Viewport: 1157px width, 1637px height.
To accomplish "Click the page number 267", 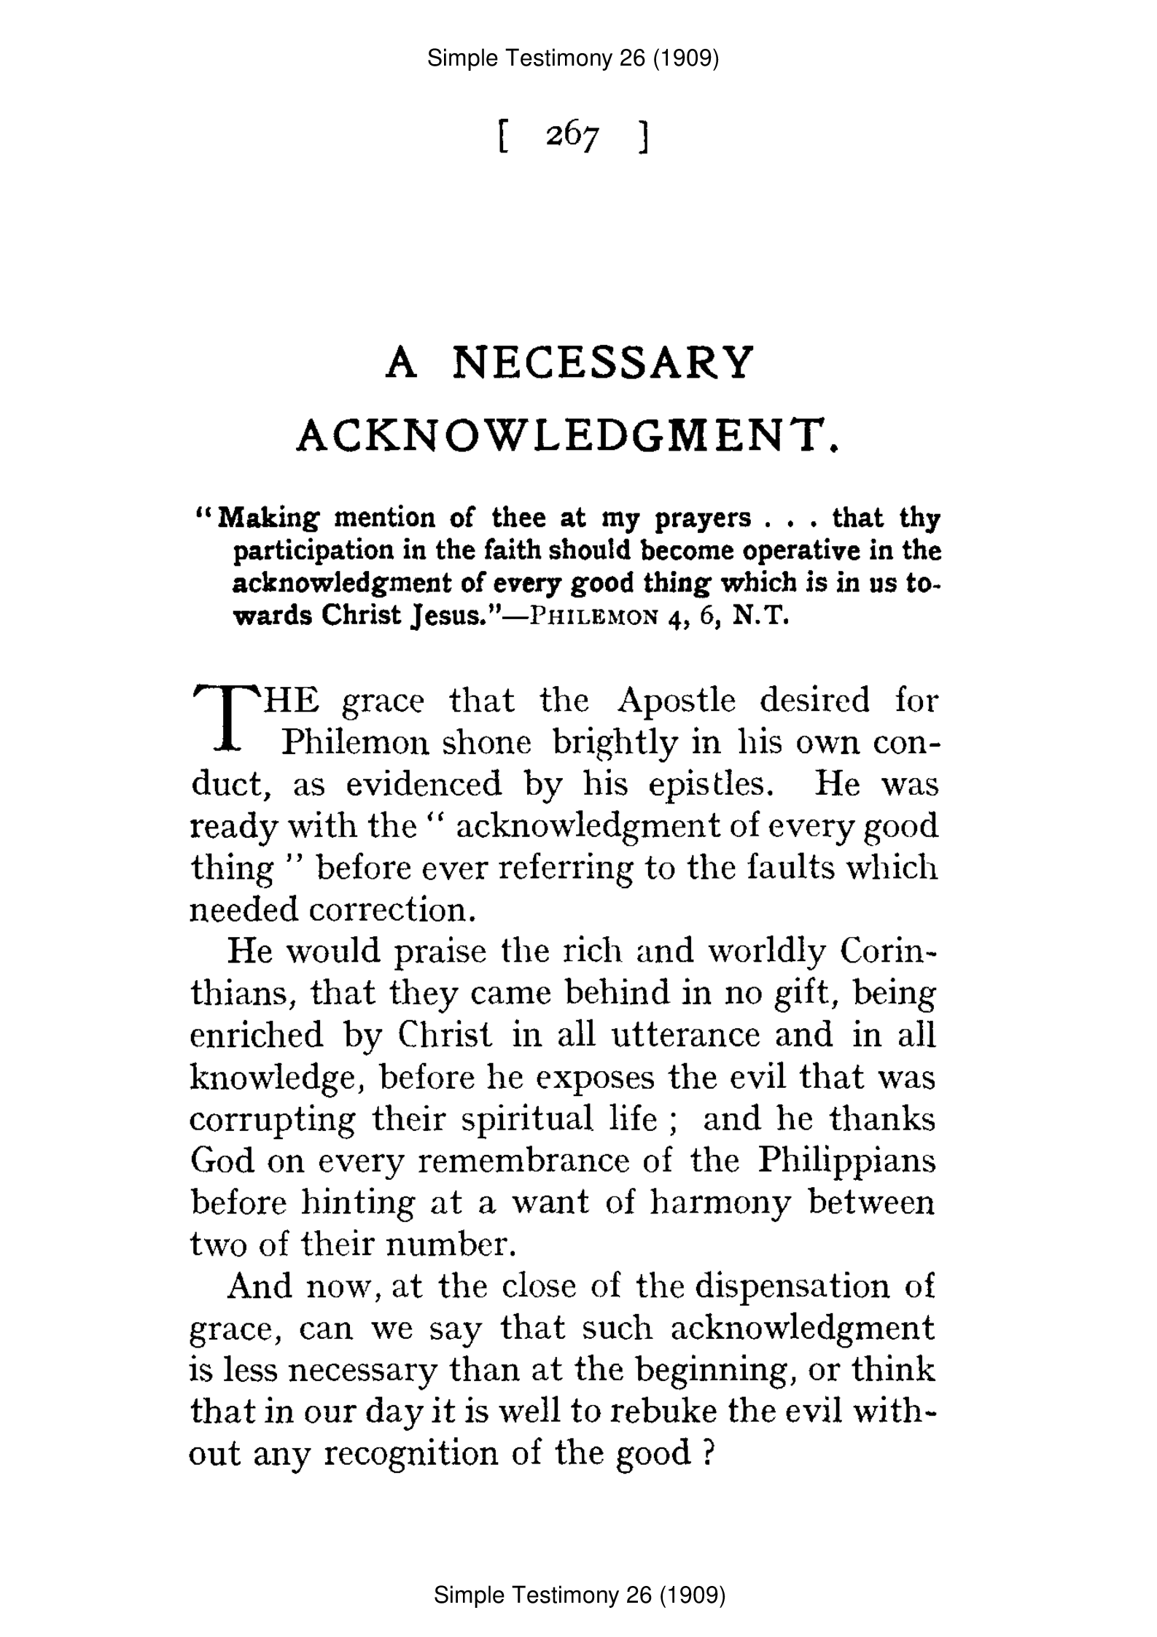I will (x=572, y=136).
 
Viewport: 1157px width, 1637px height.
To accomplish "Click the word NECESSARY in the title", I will (x=601, y=362).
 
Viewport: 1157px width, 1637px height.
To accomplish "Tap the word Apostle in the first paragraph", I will (x=676, y=701).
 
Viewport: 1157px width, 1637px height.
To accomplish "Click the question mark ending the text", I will (x=706, y=1454).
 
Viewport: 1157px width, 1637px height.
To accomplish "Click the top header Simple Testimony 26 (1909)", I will (x=573, y=58).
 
